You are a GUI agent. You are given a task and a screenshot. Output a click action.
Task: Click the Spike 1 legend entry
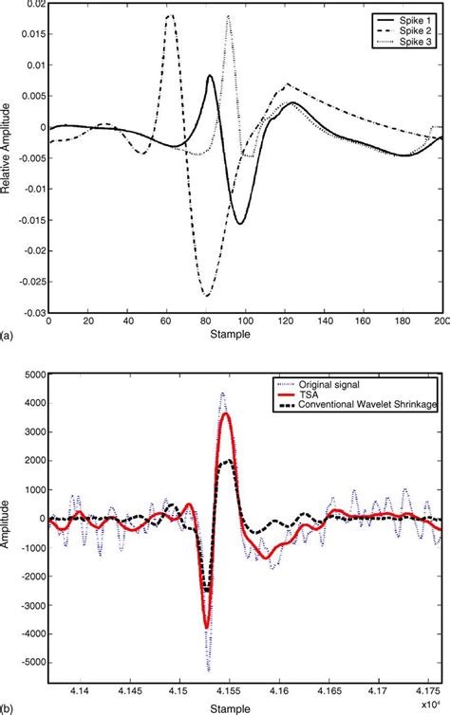(412, 19)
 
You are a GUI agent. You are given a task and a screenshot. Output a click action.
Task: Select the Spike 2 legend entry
(412, 28)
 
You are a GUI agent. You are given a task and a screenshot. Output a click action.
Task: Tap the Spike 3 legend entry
(412, 39)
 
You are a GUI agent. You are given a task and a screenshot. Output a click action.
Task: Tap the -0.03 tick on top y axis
(30, 312)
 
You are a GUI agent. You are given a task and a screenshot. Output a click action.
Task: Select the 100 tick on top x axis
(244, 322)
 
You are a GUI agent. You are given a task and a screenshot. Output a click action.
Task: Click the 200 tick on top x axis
(438, 322)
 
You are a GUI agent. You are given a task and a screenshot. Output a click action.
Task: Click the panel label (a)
(8, 335)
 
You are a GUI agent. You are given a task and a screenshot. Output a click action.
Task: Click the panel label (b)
(8, 708)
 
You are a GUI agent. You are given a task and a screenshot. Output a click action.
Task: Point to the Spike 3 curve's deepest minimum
(205, 296)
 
